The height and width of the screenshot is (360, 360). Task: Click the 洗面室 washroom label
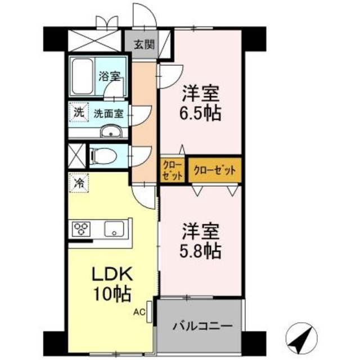[108, 113]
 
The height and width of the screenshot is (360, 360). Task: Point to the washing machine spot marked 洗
[79, 112]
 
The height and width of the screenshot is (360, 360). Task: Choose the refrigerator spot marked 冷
[79, 182]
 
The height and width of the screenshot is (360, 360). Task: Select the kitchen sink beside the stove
[116, 228]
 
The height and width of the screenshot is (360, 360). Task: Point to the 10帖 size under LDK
[112, 293]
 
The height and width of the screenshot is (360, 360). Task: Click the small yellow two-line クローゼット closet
[173, 170]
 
